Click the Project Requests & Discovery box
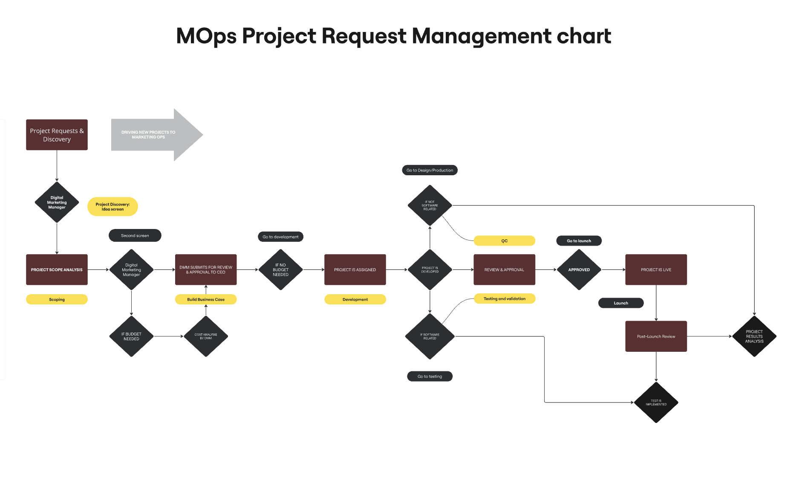coord(57,135)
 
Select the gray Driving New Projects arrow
coord(153,135)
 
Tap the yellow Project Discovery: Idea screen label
coord(113,207)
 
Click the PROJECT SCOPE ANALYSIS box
coord(57,269)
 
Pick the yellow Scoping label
coord(57,299)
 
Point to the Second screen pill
coord(135,235)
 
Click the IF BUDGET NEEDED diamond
coord(131,336)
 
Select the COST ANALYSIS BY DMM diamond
coord(206,336)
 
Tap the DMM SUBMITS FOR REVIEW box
coord(206,269)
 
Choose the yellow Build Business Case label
coord(206,299)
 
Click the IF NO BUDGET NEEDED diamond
coord(280,269)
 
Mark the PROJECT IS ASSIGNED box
coord(355,269)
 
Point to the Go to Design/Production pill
coord(430,170)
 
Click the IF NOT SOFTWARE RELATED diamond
coord(430,206)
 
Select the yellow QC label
coord(504,241)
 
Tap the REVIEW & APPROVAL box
coord(504,269)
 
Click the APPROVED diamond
coord(579,269)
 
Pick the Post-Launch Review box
coord(656,336)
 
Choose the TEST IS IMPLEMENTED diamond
coord(656,403)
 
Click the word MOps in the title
coord(206,36)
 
